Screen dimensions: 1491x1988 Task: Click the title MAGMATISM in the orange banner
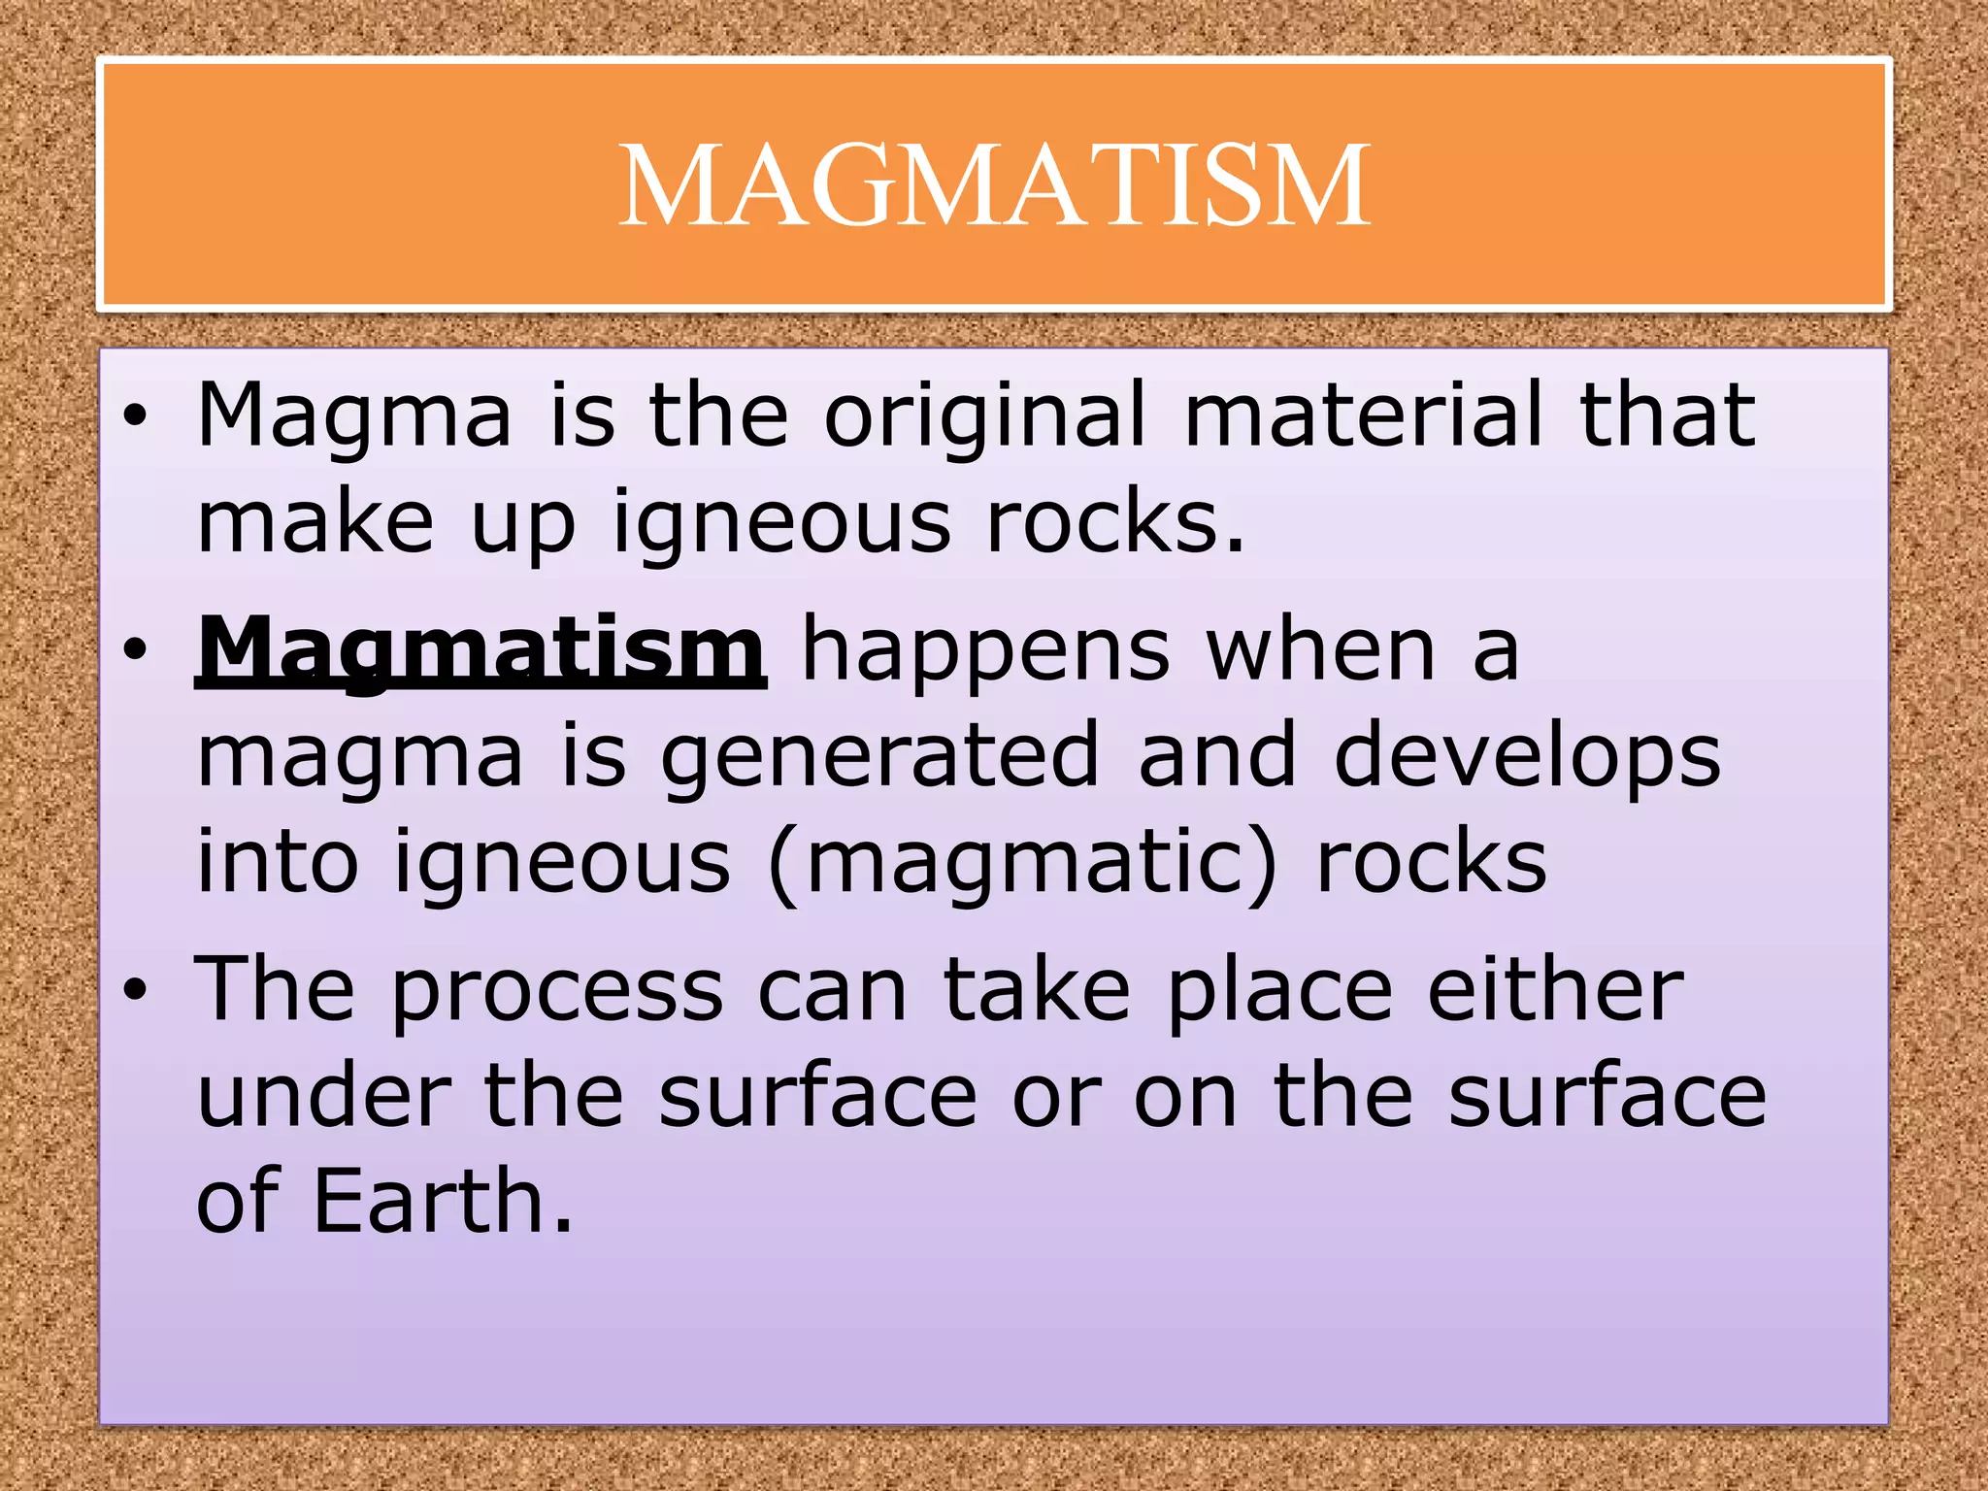point(994,185)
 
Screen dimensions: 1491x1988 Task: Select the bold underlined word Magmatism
point(480,650)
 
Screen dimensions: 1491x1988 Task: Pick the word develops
point(1527,757)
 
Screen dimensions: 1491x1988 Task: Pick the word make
point(315,522)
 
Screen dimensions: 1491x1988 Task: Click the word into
point(278,862)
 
